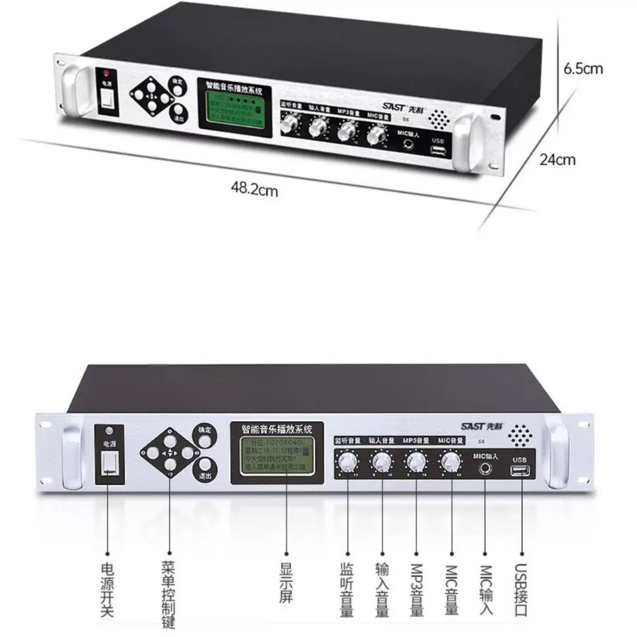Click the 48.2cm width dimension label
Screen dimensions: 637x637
coord(255,189)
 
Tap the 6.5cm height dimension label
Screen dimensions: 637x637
coord(583,68)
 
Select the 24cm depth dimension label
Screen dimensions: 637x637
coord(557,160)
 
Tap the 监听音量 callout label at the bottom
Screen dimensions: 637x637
coord(347,590)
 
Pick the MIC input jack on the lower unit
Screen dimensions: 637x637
coord(485,467)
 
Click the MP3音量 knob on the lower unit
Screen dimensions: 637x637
coord(417,461)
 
